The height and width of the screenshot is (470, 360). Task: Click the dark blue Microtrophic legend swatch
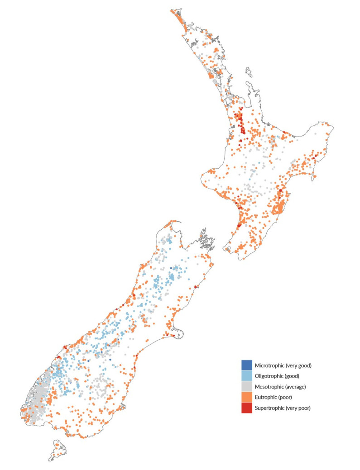(247, 365)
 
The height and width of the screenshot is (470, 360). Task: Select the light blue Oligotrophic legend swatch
(247, 375)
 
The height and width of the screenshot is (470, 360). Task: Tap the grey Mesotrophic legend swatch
(247, 386)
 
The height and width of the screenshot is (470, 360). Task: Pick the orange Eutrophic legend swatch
(247, 397)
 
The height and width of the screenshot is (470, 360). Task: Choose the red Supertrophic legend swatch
(247, 408)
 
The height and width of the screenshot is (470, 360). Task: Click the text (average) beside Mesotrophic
(295, 387)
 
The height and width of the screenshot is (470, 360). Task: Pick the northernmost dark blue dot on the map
(171, 268)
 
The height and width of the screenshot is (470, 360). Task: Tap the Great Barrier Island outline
(249, 72)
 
